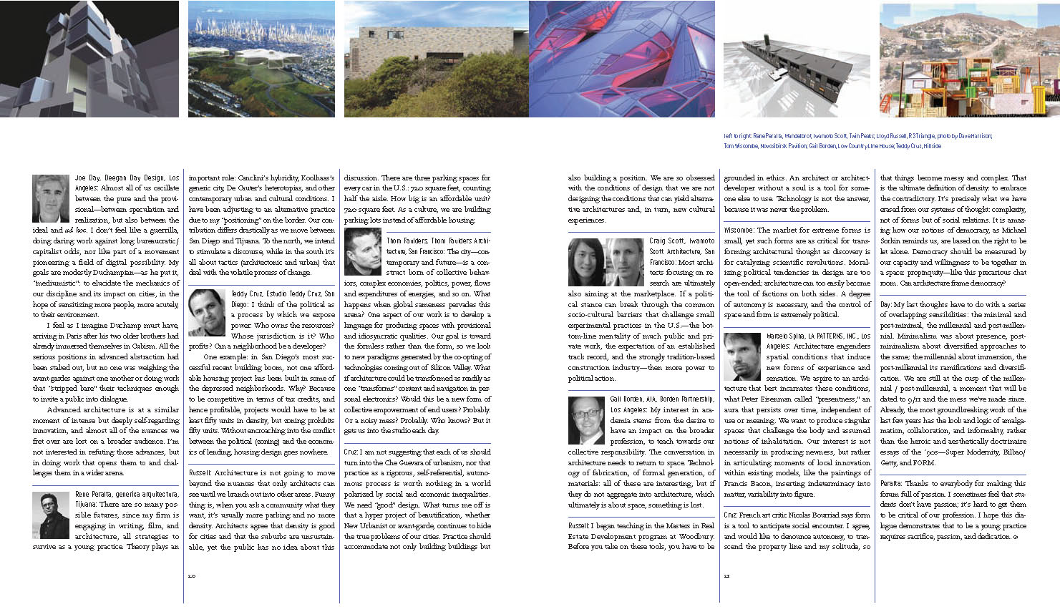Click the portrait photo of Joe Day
pyautogui.click(x=51, y=198)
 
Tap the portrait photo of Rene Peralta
pyautogui.click(x=51, y=515)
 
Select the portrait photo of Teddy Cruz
pyautogui.click(x=207, y=313)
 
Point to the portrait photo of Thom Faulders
pyautogui.click(x=363, y=251)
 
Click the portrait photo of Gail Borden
pyautogui.click(x=586, y=420)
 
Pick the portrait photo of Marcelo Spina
pyautogui.click(x=742, y=356)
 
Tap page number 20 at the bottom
pyautogui.click(x=191, y=576)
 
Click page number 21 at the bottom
pyautogui.click(x=726, y=576)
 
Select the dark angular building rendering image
pyautogui.click(x=89, y=59)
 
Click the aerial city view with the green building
pyautogui.click(x=261, y=59)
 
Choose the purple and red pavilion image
pyautogui.click(x=623, y=59)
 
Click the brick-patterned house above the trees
pyautogui.click(x=437, y=59)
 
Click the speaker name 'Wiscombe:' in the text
pyautogui.click(x=739, y=230)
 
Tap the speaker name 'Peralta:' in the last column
pyautogui.click(x=891, y=484)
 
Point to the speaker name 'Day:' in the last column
pyautogui.click(x=886, y=304)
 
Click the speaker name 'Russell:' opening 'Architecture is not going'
pyautogui.click(x=200, y=473)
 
